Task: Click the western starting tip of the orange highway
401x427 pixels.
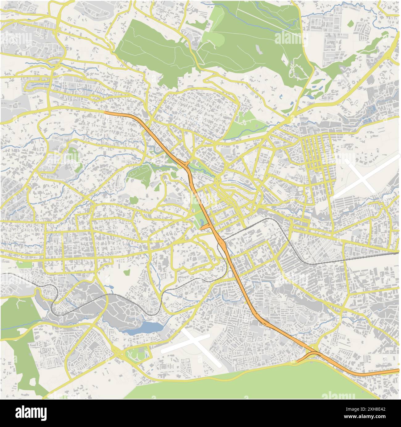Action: point(105,113)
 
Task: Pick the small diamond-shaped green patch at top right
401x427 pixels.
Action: point(350,23)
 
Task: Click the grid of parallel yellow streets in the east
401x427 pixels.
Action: point(316,151)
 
